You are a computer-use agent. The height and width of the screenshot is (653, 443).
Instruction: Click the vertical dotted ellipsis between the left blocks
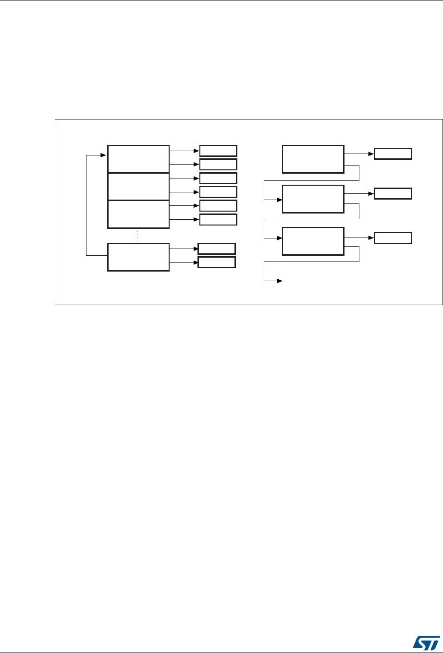[x=137, y=236]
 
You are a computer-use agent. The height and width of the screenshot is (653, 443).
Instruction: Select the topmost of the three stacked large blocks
[x=138, y=158]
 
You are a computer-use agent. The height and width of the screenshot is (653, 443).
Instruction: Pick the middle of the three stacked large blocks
[x=138, y=187]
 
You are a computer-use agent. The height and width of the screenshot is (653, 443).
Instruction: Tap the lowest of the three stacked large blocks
[x=138, y=214]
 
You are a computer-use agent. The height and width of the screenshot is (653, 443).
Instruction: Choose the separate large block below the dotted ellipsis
[x=138, y=257]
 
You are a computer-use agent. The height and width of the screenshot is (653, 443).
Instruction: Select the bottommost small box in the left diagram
[x=217, y=262]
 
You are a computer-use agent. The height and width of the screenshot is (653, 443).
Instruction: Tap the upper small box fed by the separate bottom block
[x=217, y=249]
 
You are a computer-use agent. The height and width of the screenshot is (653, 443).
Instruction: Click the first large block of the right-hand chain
[x=313, y=158]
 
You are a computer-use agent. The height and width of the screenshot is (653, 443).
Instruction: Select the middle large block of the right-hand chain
[x=313, y=199]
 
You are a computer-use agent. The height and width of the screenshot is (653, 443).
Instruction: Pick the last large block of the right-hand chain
[x=313, y=241]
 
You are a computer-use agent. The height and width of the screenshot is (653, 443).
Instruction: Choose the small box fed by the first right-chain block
[x=393, y=154]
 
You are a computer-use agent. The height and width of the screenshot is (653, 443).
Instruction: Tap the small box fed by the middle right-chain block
[x=393, y=194]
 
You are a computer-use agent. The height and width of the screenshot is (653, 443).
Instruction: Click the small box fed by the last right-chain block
[x=393, y=238]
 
